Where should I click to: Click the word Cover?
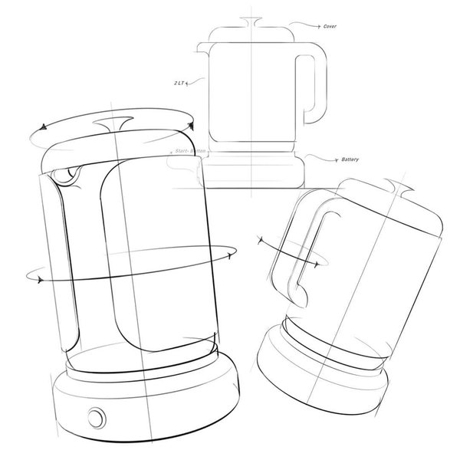pos(330,26)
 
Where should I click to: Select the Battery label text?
pos(350,159)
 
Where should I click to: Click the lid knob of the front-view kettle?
pos(251,19)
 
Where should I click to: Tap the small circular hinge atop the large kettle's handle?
pos(70,176)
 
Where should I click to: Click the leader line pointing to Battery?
pos(322,156)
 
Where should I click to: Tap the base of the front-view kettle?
pos(251,169)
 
